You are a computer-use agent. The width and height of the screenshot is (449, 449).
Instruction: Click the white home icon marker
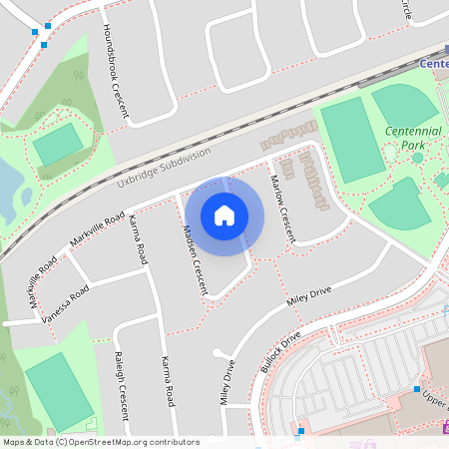click(224, 216)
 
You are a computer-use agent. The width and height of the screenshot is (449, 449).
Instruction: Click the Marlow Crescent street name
click(282, 208)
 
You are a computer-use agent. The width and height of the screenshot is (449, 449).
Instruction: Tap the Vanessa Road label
click(67, 302)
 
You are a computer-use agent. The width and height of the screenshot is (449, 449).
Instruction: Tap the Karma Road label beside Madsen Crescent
click(141, 237)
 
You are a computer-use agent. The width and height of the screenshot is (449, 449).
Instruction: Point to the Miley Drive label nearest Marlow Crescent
click(308, 296)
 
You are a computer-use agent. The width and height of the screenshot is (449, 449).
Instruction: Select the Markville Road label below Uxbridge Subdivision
click(98, 229)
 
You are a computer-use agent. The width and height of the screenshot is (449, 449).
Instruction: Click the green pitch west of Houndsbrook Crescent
click(58, 146)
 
